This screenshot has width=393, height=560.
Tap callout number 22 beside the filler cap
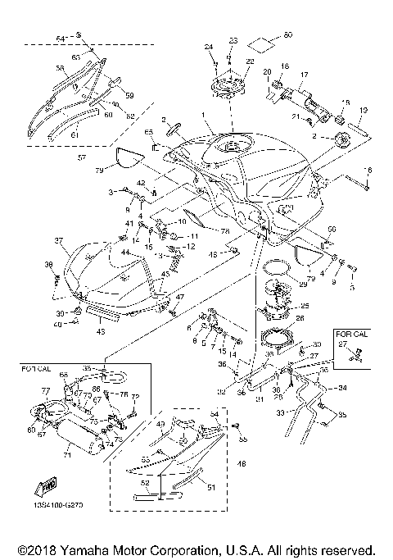(x=249, y=61)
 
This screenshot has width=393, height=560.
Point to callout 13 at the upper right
(x=363, y=110)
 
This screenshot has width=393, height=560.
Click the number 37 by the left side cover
(x=58, y=240)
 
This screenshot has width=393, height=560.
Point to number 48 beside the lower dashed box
(x=241, y=464)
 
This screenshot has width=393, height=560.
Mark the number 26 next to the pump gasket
(x=300, y=318)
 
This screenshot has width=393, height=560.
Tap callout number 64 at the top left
(x=59, y=38)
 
